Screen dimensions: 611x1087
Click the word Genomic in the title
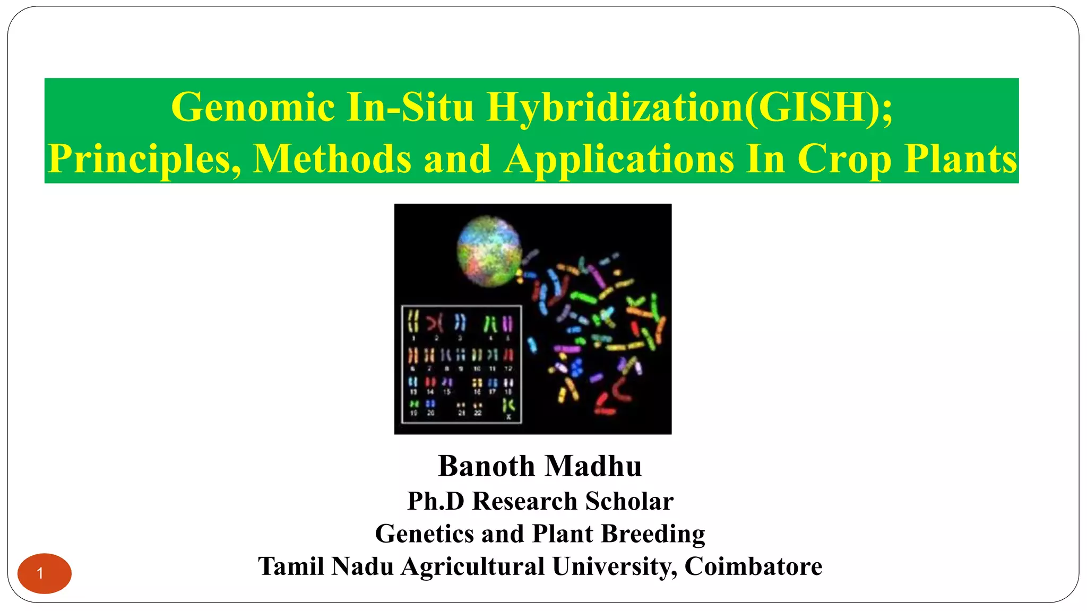pyautogui.click(x=253, y=108)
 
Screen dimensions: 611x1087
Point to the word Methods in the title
pyautogui.click(x=332, y=159)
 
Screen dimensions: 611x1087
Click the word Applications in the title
pyautogui.click(x=619, y=159)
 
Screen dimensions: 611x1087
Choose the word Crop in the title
pyautogui.click(x=844, y=159)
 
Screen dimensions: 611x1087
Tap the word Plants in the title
pyautogui.click(x=961, y=159)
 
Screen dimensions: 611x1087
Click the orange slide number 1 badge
pyautogui.click(x=45, y=573)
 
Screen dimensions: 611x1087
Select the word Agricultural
pyautogui.click(x=472, y=566)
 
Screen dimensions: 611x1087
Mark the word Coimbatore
pyautogui.click(x=753, y=566)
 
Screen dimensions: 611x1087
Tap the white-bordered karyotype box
pyautogui.click(x=461, y=364)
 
